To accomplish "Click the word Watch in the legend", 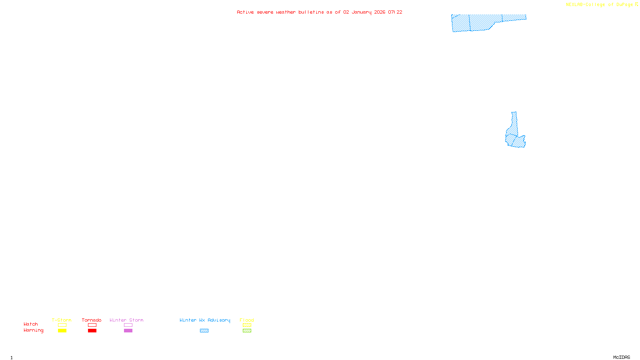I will click(31, 324).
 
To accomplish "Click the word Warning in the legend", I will click(33, 330).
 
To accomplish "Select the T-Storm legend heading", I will click(62, 320).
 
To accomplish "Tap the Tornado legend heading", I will click(92, 320).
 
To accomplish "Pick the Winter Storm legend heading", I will click(126, 320).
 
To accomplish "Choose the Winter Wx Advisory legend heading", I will click(205, 320).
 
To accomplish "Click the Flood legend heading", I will click(247, 320).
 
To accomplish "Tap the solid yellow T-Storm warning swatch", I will click(62, 331).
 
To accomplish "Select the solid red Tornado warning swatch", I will click(92, 331).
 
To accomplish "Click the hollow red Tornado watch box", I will click(92, 325).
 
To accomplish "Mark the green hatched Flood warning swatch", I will click(247, 331).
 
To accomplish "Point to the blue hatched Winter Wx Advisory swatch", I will click(204, 331).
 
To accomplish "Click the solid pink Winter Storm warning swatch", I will click(128, 331).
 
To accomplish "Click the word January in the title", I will click(362, 12).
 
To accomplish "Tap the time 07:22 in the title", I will click(395, 12).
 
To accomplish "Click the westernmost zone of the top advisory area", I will click(460, 23).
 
